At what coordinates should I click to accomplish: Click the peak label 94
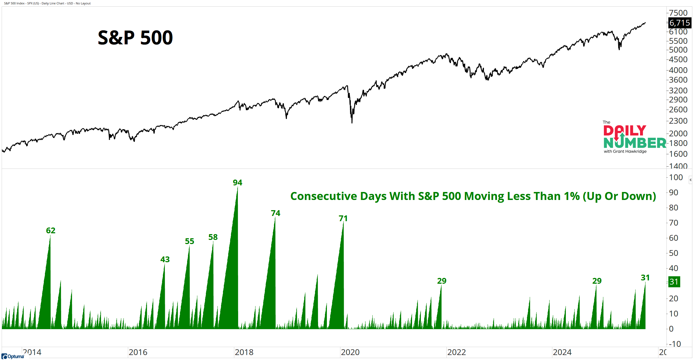(237, 183)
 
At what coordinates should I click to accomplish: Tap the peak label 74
(275, 213)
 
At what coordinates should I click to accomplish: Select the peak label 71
(343, 218)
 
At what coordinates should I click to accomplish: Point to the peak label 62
(50, 231)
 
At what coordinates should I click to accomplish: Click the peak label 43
(165, 259)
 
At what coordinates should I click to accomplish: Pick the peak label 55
(189, 241)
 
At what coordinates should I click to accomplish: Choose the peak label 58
(213, 237)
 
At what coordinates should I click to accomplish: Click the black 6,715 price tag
(679, 23)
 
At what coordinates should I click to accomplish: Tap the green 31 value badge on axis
(674, 282)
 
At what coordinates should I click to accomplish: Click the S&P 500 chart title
(135, 38)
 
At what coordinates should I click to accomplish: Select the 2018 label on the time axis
(244, 352)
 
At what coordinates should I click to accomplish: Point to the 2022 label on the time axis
(456, 352)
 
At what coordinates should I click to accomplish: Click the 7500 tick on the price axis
(678, 13)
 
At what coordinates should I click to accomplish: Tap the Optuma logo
(13, 356)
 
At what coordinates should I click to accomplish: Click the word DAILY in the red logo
(625, 131)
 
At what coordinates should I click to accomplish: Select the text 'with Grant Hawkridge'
(625, 151)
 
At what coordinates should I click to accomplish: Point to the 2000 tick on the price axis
(678, 134)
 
